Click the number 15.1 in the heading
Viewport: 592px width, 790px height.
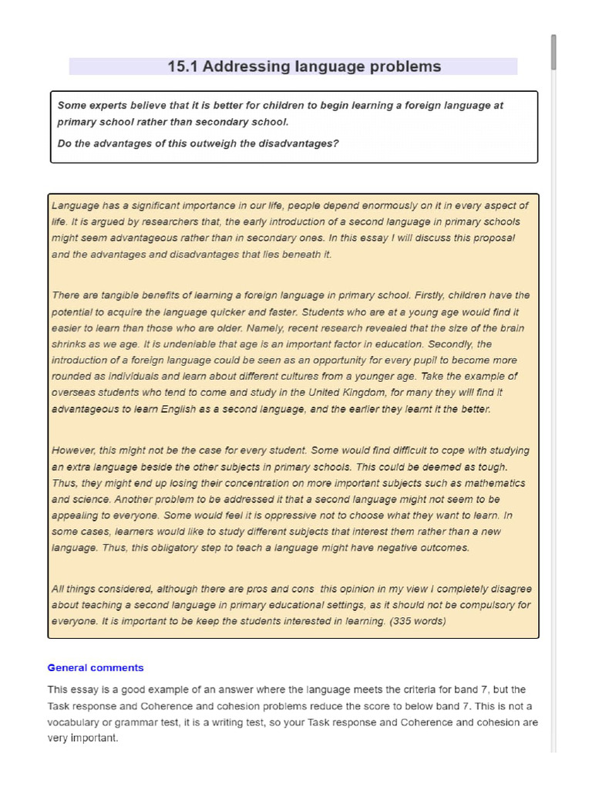tap(183, 66)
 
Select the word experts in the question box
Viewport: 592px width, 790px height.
tap(109, 106)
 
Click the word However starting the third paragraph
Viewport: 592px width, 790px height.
tap(72, 451)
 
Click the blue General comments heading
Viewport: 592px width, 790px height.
tap(96, 668)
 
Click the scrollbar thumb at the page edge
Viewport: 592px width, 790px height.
tap(553, 52)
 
